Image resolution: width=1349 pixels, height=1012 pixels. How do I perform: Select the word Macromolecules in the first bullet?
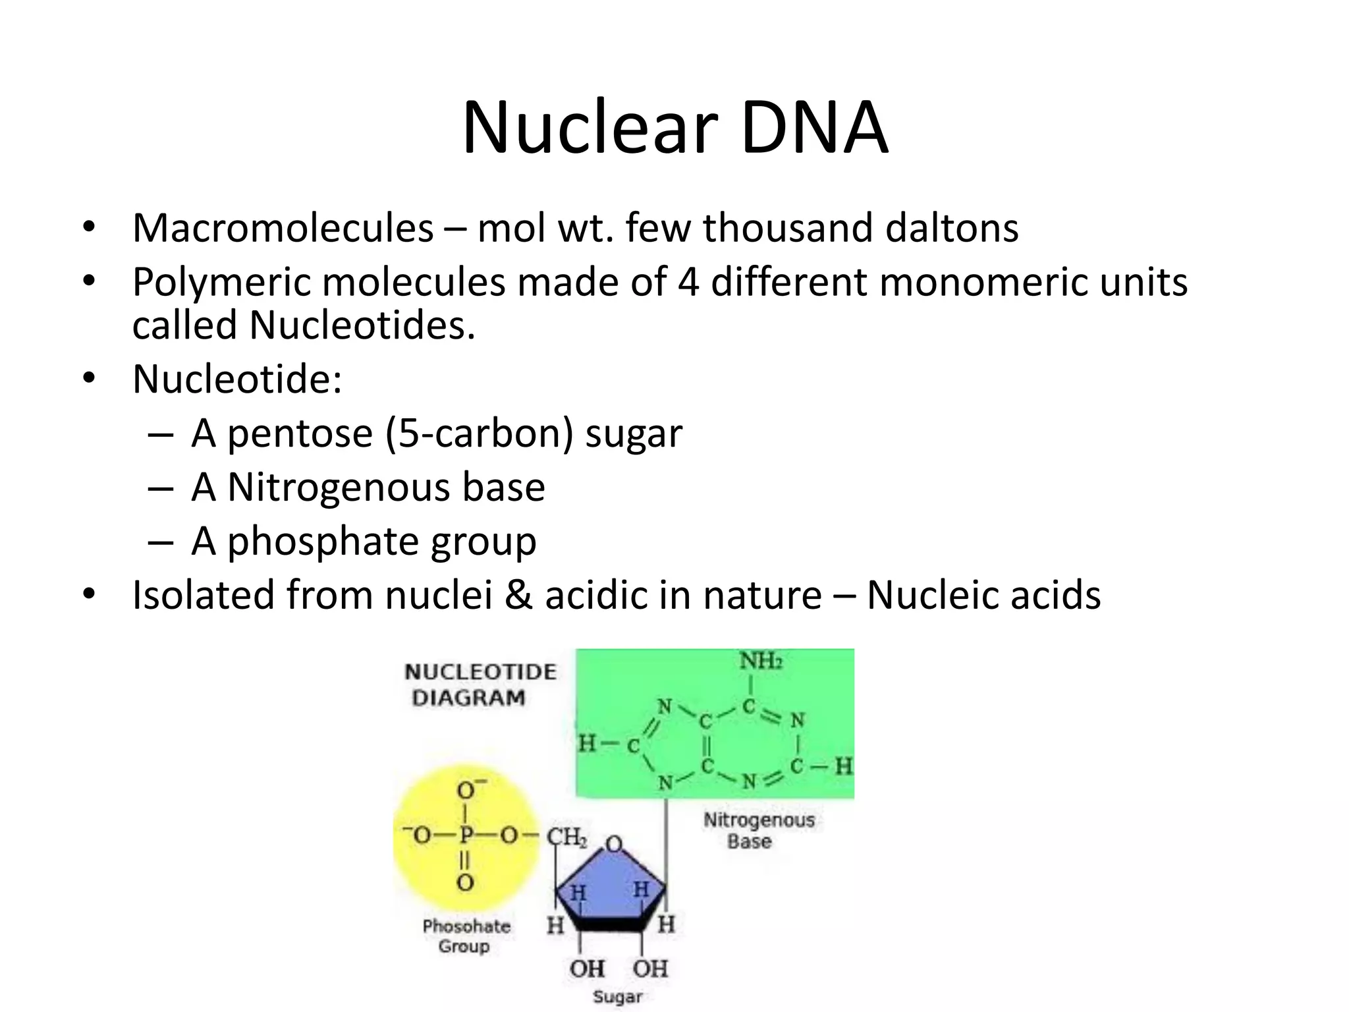click(283, 228)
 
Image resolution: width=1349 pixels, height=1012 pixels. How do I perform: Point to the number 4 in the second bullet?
click(688, 282)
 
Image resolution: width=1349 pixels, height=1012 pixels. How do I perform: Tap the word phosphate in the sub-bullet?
click(323, 542)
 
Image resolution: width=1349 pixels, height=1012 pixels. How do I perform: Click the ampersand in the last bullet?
click(518, 595)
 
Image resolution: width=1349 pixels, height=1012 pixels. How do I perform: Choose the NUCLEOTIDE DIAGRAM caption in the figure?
click(480, 685)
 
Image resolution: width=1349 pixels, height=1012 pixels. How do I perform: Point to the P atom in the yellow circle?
click(466, 835)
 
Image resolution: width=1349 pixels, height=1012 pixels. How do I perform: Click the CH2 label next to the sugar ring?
click(566, 837)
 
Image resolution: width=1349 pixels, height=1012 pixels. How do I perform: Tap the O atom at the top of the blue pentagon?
click(614, 844)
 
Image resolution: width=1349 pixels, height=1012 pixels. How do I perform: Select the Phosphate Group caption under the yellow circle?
click(466, 936)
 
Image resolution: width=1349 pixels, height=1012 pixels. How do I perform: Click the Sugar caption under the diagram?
click(617, 996)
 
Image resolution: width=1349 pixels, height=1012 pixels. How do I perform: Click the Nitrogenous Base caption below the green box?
click(759, 830)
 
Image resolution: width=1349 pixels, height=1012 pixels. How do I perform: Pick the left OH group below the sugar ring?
click(586, 969)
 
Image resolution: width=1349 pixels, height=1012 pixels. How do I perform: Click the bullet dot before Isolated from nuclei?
click(90, 595)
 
